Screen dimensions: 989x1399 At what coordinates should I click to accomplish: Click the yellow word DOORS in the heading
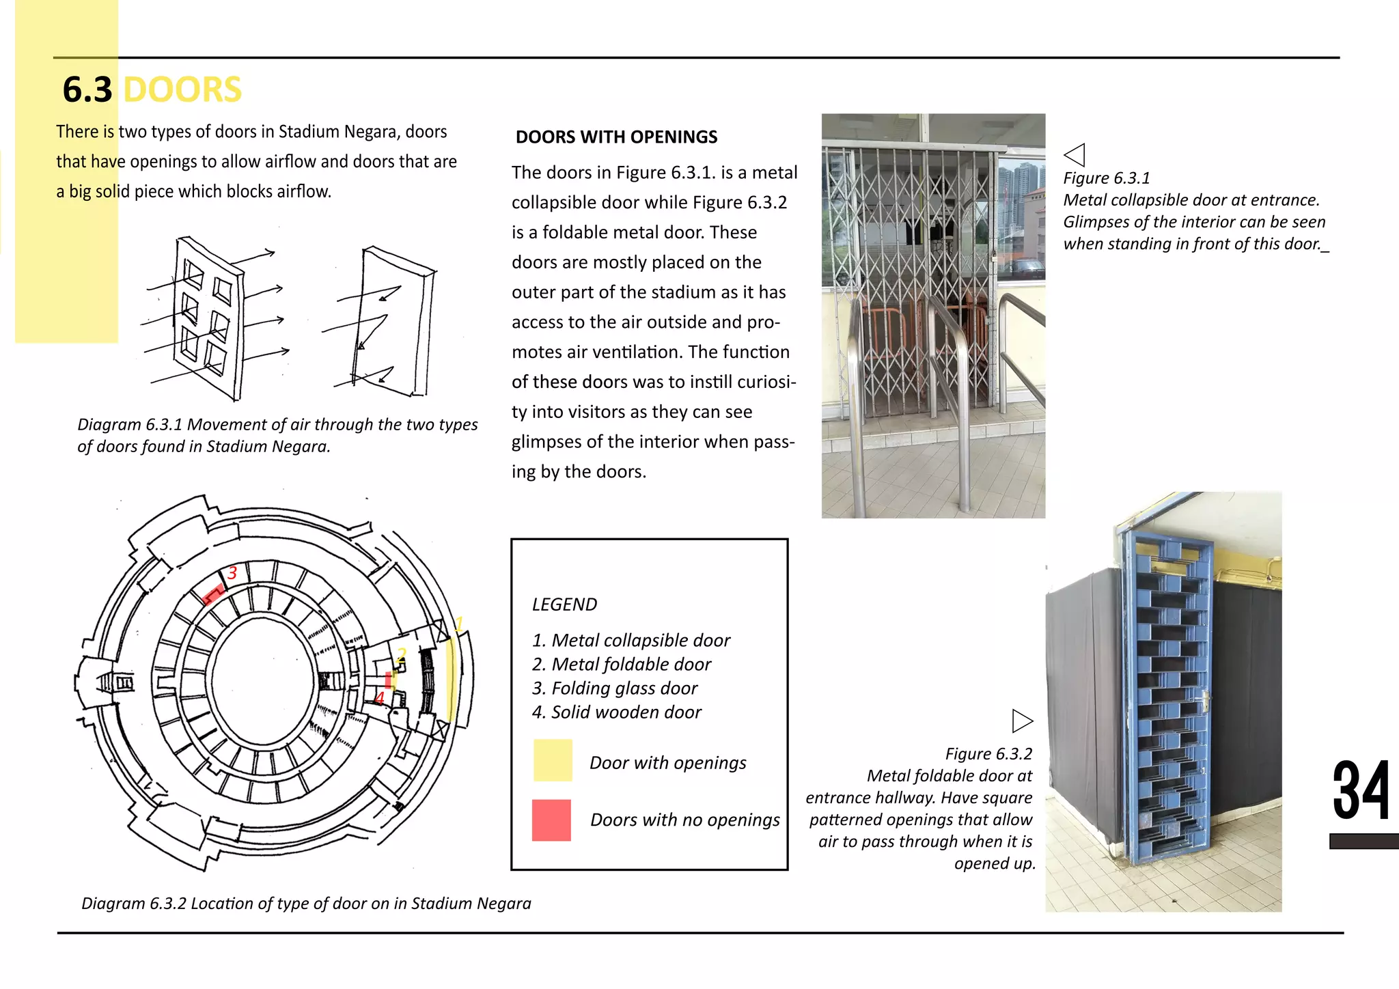(182, 90)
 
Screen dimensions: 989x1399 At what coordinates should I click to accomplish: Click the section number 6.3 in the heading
(87, 90)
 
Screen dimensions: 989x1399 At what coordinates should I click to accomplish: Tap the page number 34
(1360, 792)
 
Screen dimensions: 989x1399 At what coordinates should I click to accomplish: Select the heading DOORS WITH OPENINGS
(616, 137)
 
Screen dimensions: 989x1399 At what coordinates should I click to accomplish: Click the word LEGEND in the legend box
(564, 604)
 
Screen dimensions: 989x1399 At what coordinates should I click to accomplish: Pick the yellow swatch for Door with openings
(553, 760)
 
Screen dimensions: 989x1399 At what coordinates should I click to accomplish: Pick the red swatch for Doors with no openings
(551, 820)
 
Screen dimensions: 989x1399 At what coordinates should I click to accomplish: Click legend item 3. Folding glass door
(615, 688)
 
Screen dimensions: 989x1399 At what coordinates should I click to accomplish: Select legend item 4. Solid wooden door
(616, 712)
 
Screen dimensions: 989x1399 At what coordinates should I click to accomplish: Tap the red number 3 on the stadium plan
(232, 573)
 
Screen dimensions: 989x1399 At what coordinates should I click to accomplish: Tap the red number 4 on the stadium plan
(380, 698)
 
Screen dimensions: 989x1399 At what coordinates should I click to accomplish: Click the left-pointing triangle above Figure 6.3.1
(1075, 154)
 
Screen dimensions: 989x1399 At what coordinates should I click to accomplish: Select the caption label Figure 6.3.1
(1107, 178)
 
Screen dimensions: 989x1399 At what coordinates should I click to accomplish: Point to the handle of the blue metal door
(1205, 700)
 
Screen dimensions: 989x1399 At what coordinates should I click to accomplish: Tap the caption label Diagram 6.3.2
(133, 904)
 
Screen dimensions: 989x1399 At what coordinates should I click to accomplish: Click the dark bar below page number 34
(1363, 841)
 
